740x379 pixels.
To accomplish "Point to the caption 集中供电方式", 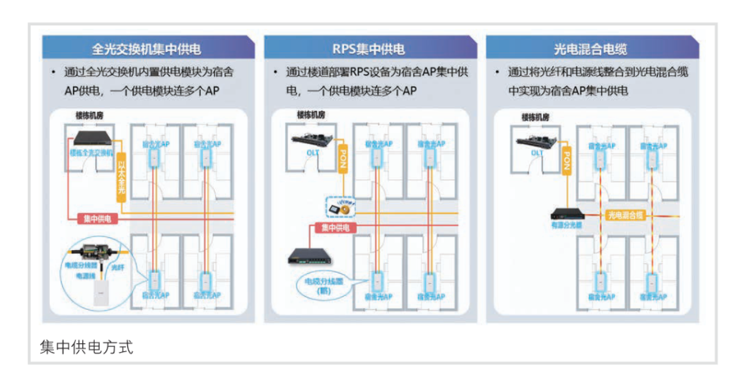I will (x=87, y=347).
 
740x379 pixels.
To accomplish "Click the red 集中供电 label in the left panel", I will (x=97, y=219).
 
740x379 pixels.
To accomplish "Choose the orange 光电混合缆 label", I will (x=625, y=215).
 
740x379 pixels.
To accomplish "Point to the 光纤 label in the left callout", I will (x=118, y=266).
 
